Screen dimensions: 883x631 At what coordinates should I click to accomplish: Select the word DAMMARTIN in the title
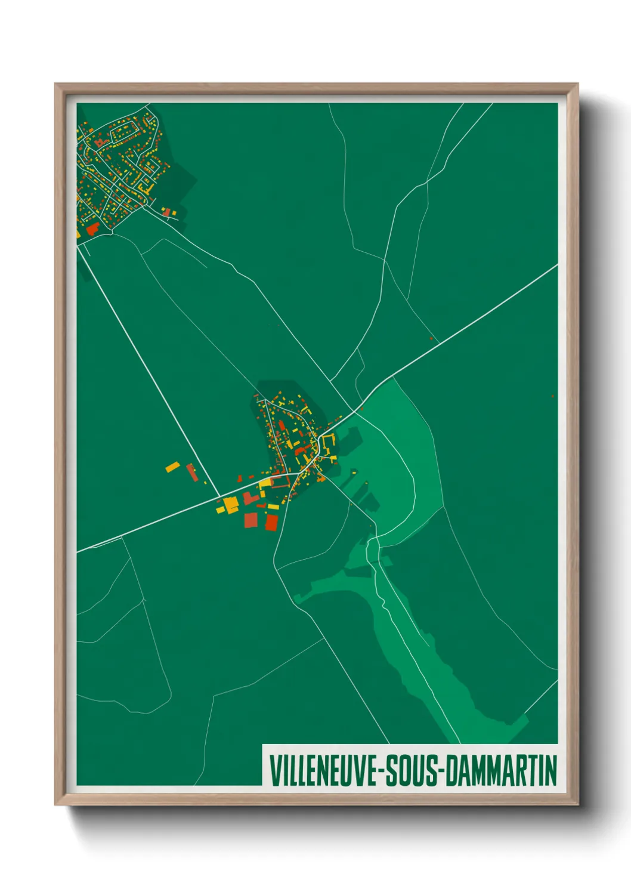pyautogui.click(x=501, y=771)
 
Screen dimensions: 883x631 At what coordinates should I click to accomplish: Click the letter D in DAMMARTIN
pyautogui.click(x=451, y=771)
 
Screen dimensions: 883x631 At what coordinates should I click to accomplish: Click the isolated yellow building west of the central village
pyautogui.click(x=172, y=467)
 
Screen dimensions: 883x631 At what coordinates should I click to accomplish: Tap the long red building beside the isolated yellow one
pyautogui.click(x=191, y=472)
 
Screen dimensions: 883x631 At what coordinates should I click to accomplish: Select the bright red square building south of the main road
pyautogui.click(x=271, y=523)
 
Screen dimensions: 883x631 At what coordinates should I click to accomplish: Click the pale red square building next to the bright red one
pyautogui.click(x=251, y=520)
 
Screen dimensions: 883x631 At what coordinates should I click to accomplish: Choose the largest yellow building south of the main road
pyautogui.click(x=230, y=505)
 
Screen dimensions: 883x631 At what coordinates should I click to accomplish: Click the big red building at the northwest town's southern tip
pyautogui.click(x=92, y=229)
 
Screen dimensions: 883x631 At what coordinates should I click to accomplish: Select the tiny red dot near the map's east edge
pyautogui.click(x=552, y=396)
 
